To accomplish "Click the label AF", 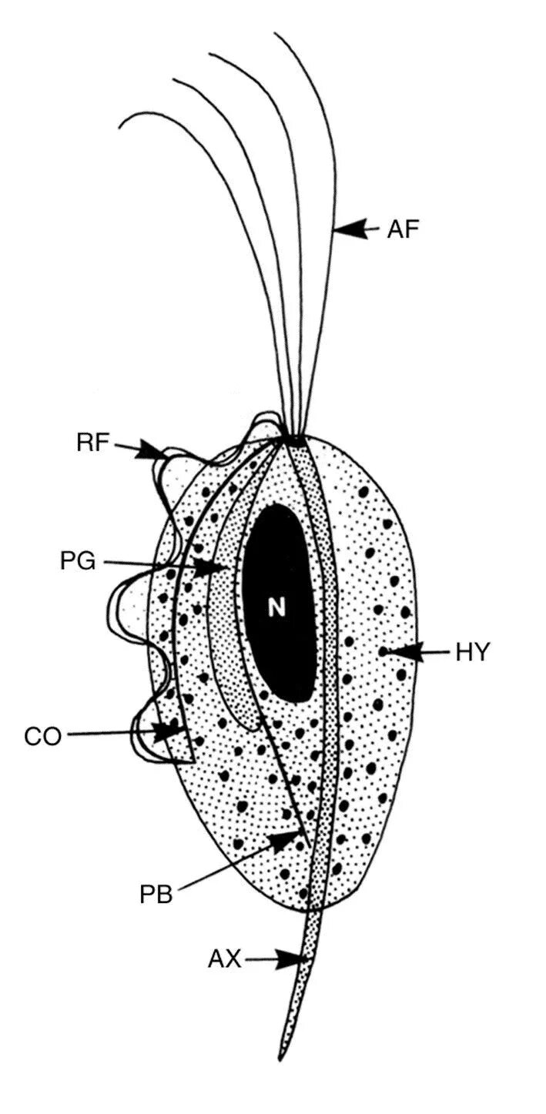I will click(x=404, y=229).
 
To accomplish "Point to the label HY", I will click(x=473, y=652).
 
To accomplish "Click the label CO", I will click(x=42, y=736).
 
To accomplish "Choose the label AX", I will click(x=224, y=959).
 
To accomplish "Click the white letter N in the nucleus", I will click(x=277, y=608).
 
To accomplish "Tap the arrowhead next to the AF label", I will click(x=350, y=229).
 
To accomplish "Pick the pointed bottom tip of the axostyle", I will click(x=283, y=1060).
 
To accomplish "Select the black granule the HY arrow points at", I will click(x=383, y=653).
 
